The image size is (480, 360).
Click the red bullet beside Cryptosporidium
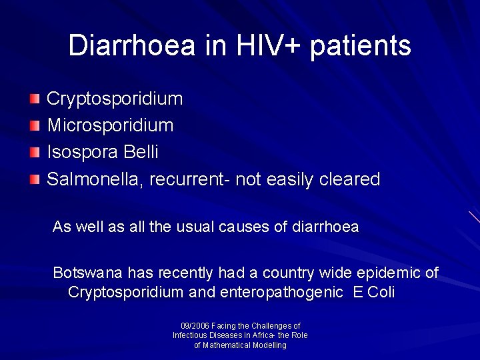(35, 99)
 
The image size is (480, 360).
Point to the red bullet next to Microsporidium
(35, 126)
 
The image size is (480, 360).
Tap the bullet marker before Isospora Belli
(35, 153)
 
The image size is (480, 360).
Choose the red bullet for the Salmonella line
(35, 179)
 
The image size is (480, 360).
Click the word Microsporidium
(110, 125)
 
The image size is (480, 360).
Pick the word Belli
(141, 152)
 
